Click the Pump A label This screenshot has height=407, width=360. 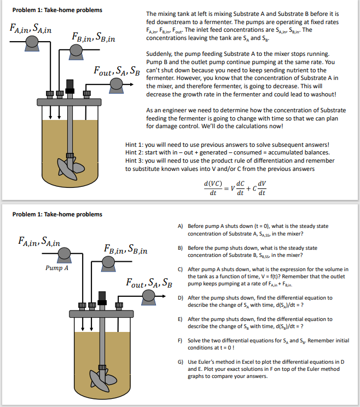pyautogui.click(x=57, y=268)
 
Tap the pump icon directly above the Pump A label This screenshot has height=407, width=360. pyautogui.click(x=65, y=254)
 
